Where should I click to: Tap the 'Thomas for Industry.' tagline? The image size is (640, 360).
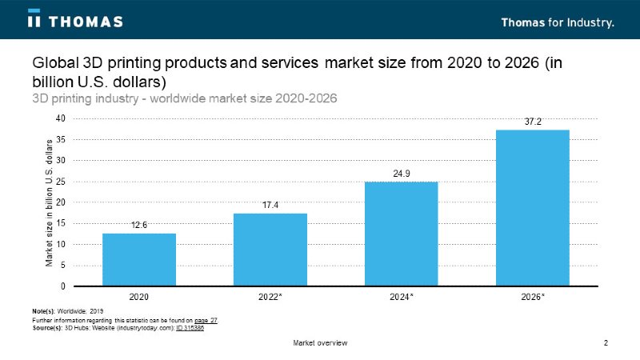(x=558, y=22)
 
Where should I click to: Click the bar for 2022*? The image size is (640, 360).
(x=270, y=249)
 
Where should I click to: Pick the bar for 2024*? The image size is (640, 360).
(x=402, y=234)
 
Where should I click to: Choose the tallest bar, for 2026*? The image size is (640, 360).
(x=533, y=207)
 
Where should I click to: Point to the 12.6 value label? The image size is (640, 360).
(x=139, y=226)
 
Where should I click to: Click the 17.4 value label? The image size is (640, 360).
(x=270, y=206)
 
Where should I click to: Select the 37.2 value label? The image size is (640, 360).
(x=533, y=122)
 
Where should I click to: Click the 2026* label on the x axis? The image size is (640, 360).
(x=533, y=297)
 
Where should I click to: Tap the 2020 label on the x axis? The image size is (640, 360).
(x=139, y=297)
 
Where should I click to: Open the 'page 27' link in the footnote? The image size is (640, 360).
(x=206, y=320)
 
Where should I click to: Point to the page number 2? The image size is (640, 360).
(x=606, y=343)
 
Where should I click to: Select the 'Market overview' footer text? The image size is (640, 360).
(x=320, y=343)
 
